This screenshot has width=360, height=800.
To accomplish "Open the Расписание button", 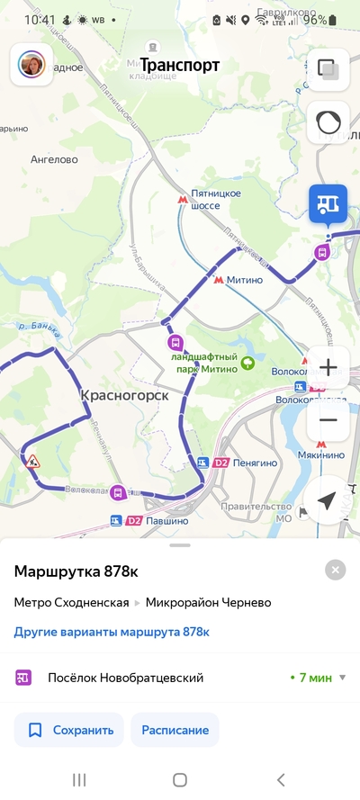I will click(175, 730).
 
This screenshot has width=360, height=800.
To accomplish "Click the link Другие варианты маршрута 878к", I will click(112, 632).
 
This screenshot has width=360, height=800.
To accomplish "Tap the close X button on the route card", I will click(336, 570).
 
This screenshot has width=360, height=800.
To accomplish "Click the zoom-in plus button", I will click(328, 367).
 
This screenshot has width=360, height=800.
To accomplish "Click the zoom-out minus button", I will click(328, 419).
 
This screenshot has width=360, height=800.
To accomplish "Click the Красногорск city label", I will click(118, 394).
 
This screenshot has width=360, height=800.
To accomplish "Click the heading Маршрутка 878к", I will click(76, 571).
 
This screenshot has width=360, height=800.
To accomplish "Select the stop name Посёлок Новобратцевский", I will click(126, 678).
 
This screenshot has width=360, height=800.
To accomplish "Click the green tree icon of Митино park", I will click(247, 364).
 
